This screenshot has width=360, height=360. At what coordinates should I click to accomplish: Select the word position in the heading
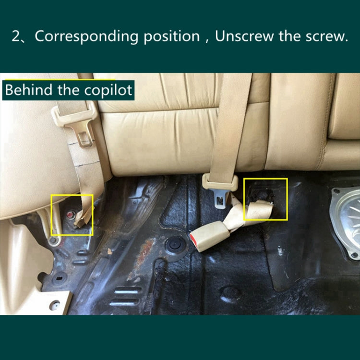(171, 37)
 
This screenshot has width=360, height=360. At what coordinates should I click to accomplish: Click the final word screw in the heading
(328, 36)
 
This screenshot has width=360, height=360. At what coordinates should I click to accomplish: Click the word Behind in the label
(29, 90)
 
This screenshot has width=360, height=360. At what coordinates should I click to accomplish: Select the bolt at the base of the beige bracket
(54, 240)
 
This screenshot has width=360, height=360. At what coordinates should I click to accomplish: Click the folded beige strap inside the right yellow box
(259, 210)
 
